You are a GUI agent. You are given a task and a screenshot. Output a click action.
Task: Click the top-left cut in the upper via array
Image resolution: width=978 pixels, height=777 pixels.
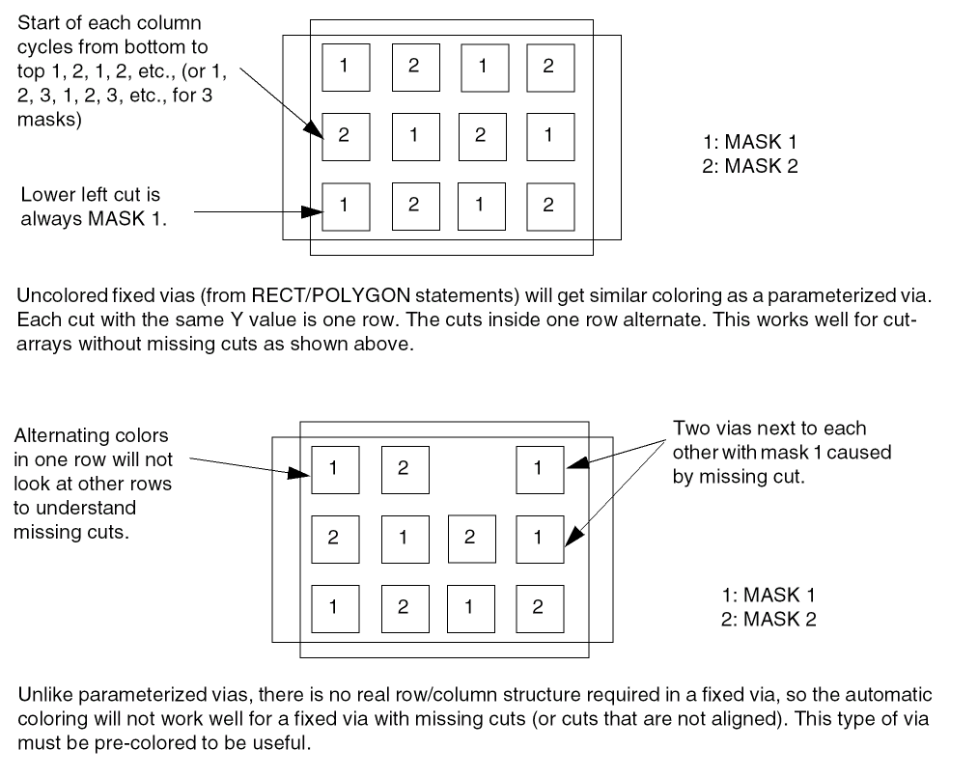(345, 67)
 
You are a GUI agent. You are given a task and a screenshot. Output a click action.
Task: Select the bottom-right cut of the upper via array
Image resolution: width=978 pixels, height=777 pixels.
(549, 207)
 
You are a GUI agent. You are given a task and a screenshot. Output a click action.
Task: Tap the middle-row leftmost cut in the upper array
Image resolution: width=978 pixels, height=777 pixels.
(345, 136)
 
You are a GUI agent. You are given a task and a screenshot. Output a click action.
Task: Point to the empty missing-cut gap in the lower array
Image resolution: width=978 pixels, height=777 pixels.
(470, 469)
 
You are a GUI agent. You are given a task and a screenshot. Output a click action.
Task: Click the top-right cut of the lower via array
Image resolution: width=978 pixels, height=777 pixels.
(539, 469)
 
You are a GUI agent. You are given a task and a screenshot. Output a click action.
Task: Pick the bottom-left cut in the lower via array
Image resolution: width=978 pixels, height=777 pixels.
(334, 607)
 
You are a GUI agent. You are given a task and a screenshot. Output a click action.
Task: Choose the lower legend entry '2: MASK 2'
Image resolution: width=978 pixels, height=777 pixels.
(768, 620)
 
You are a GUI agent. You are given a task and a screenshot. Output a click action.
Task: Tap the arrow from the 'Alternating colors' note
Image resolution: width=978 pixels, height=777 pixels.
(241, 464)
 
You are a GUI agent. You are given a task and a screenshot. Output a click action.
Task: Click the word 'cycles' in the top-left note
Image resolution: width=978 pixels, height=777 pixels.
(45, 46)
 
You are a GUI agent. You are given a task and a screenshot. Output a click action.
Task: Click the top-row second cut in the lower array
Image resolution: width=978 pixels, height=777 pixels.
(403, 469)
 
